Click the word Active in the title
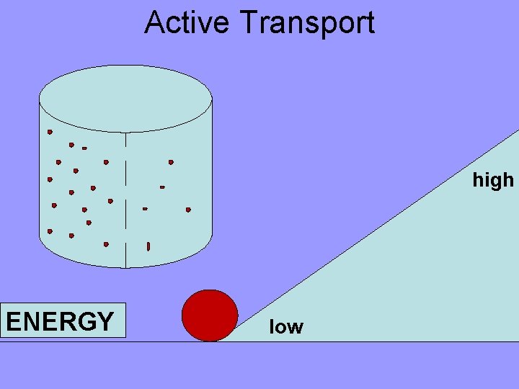pos(190,22)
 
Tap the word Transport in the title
pos(309,23)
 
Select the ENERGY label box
pos(63,321)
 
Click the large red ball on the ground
pos(210,316)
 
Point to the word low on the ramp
pos(286,327)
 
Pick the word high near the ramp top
pos(493,179)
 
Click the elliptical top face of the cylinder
pos(125,99)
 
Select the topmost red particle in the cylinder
pos(50,132)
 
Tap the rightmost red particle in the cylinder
pos(188,210)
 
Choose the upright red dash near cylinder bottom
pos(148,246)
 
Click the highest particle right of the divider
pos(171,162)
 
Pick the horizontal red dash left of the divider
pos(84,148)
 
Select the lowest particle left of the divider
pos(106,244)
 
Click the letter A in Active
pos(154,22)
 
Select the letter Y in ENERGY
pos(105,321)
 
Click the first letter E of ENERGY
pos(12,321)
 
